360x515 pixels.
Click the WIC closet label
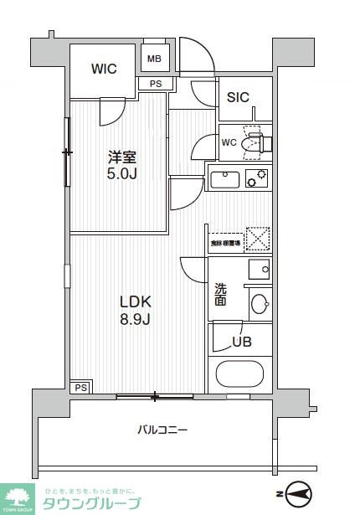[104, 69]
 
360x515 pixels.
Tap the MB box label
[155, 58]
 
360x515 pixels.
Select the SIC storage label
[238, 96]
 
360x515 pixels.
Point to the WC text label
[229, 142]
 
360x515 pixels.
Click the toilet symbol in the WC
[254, 142]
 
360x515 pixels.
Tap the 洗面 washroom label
[220, 293]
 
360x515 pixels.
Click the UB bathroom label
[243, 342]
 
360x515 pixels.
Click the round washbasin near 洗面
[260, 303]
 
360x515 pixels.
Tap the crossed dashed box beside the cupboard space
[259, 239]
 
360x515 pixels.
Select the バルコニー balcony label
[162, 430]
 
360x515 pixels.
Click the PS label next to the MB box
[156, 84]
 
